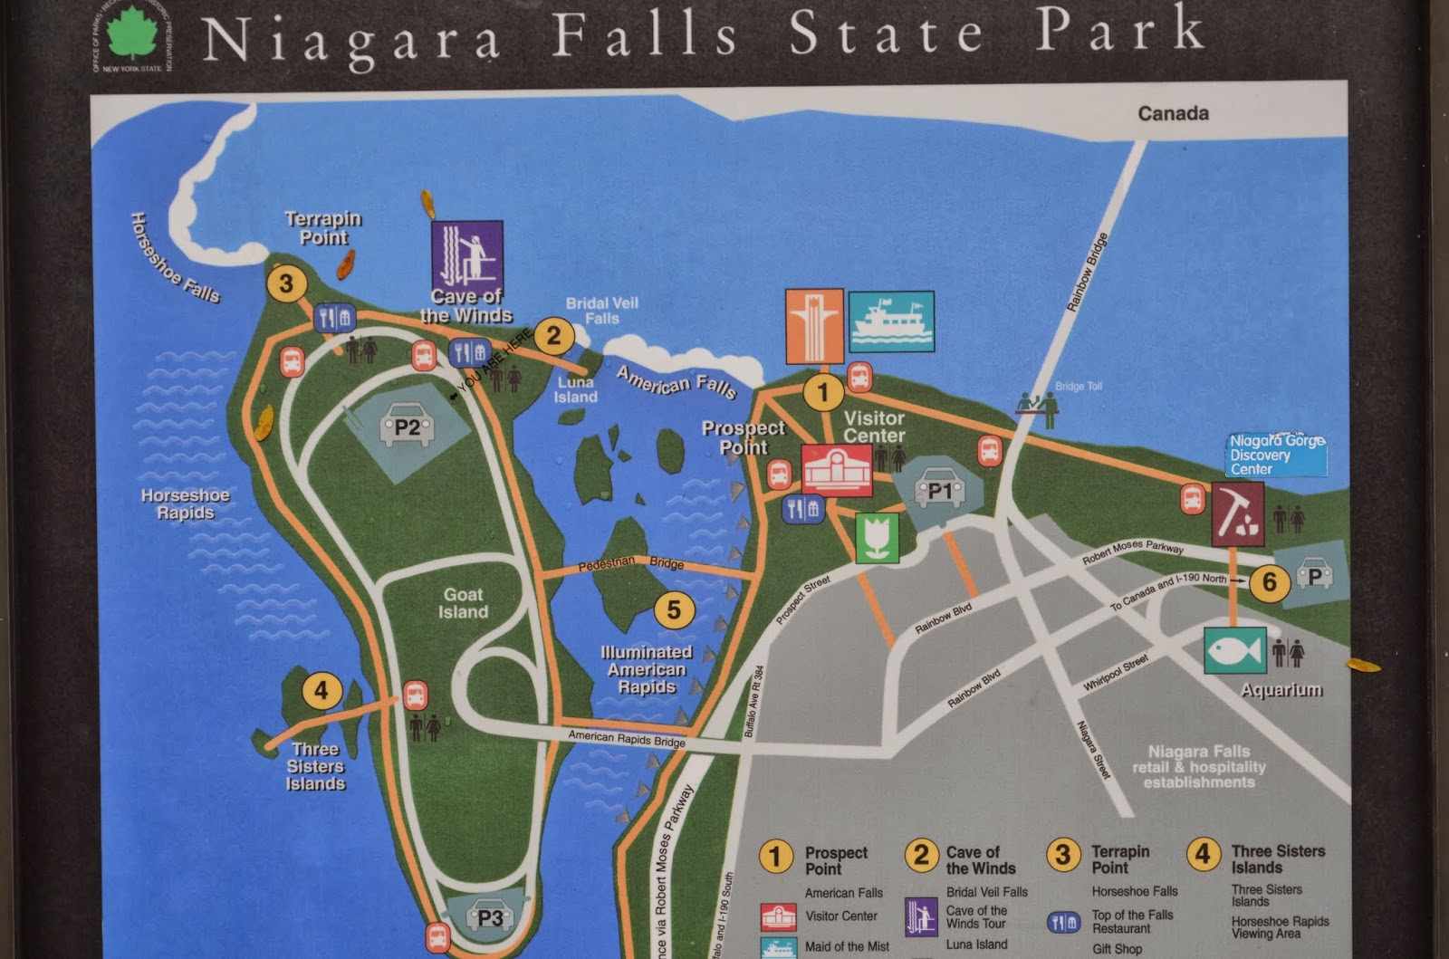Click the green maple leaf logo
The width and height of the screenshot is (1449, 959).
(x=132, y=35)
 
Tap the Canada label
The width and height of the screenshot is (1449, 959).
(x=1173, y=113)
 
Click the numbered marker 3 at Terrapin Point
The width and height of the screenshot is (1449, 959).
(x=286, y=283)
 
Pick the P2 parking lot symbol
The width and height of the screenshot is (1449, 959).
(x=408, y=427)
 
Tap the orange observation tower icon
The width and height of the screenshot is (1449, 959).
(x=814, y=326)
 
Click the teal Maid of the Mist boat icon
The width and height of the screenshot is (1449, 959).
(x=891, y=321)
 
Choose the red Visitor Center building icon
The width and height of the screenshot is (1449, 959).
(x=837, y=470)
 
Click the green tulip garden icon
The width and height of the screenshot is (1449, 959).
(x=877, y=537)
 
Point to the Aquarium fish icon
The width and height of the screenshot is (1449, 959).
(x=1235, y=651)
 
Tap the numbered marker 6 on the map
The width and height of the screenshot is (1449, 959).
(x=1270, y=581)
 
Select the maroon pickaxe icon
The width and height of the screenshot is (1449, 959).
(x=1237, y=513)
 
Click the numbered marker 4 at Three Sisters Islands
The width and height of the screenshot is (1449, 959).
(x=321, y=691)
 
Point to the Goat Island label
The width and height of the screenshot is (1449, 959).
(x=463, y=603)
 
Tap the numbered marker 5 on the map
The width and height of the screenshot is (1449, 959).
(x=674, y=609)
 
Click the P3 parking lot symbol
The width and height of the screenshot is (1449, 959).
(x=489, y=917)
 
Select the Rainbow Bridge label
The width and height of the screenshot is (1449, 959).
(x=1087, y=273)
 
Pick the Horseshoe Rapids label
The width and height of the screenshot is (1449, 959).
(x=186, y=503)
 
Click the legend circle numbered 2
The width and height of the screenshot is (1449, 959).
(x=921, y=855)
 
